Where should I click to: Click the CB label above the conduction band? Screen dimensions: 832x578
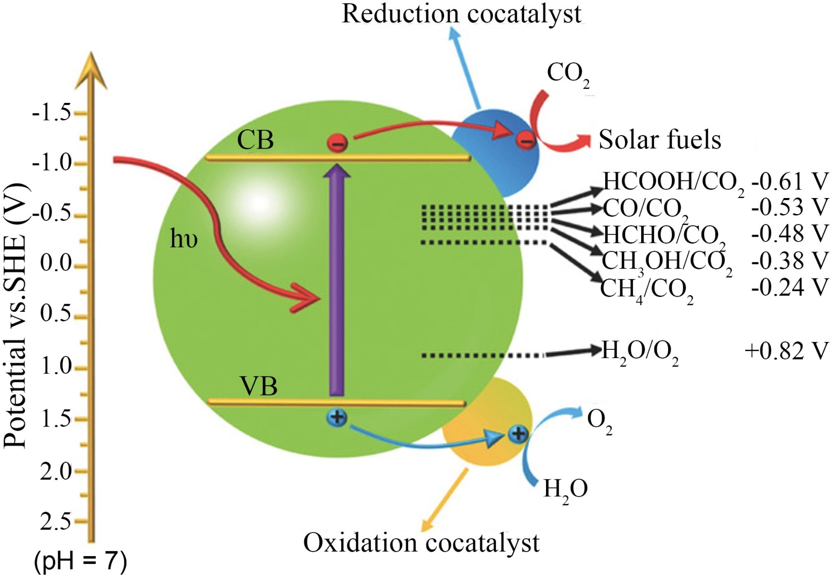(x=255, y=140)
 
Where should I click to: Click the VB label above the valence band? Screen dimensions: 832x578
(x=258, y=386)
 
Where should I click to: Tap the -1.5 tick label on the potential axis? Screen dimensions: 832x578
(x=51, y=112)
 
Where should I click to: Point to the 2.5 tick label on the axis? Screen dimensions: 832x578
(x=55, y=521)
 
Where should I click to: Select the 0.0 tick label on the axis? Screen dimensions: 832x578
(x=56, y=263)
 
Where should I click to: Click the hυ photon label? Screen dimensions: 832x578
(x=184, y=240)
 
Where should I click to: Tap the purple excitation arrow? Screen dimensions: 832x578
(x=336, y=281)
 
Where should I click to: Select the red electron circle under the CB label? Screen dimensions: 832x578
(x=337, y=142)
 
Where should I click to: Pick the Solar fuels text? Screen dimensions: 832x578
(x=660, y=139)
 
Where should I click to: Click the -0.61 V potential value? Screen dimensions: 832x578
(x=789, y=181)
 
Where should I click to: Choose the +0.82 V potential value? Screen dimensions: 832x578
(x=786, y=351)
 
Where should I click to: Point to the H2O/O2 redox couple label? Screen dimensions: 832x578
(x=640, y=352)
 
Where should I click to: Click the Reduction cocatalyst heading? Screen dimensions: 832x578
(x=461, y=14)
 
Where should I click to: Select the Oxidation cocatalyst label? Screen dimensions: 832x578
(x=421, y=543)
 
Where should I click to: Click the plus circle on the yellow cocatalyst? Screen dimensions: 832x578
(x=517, y=433)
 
